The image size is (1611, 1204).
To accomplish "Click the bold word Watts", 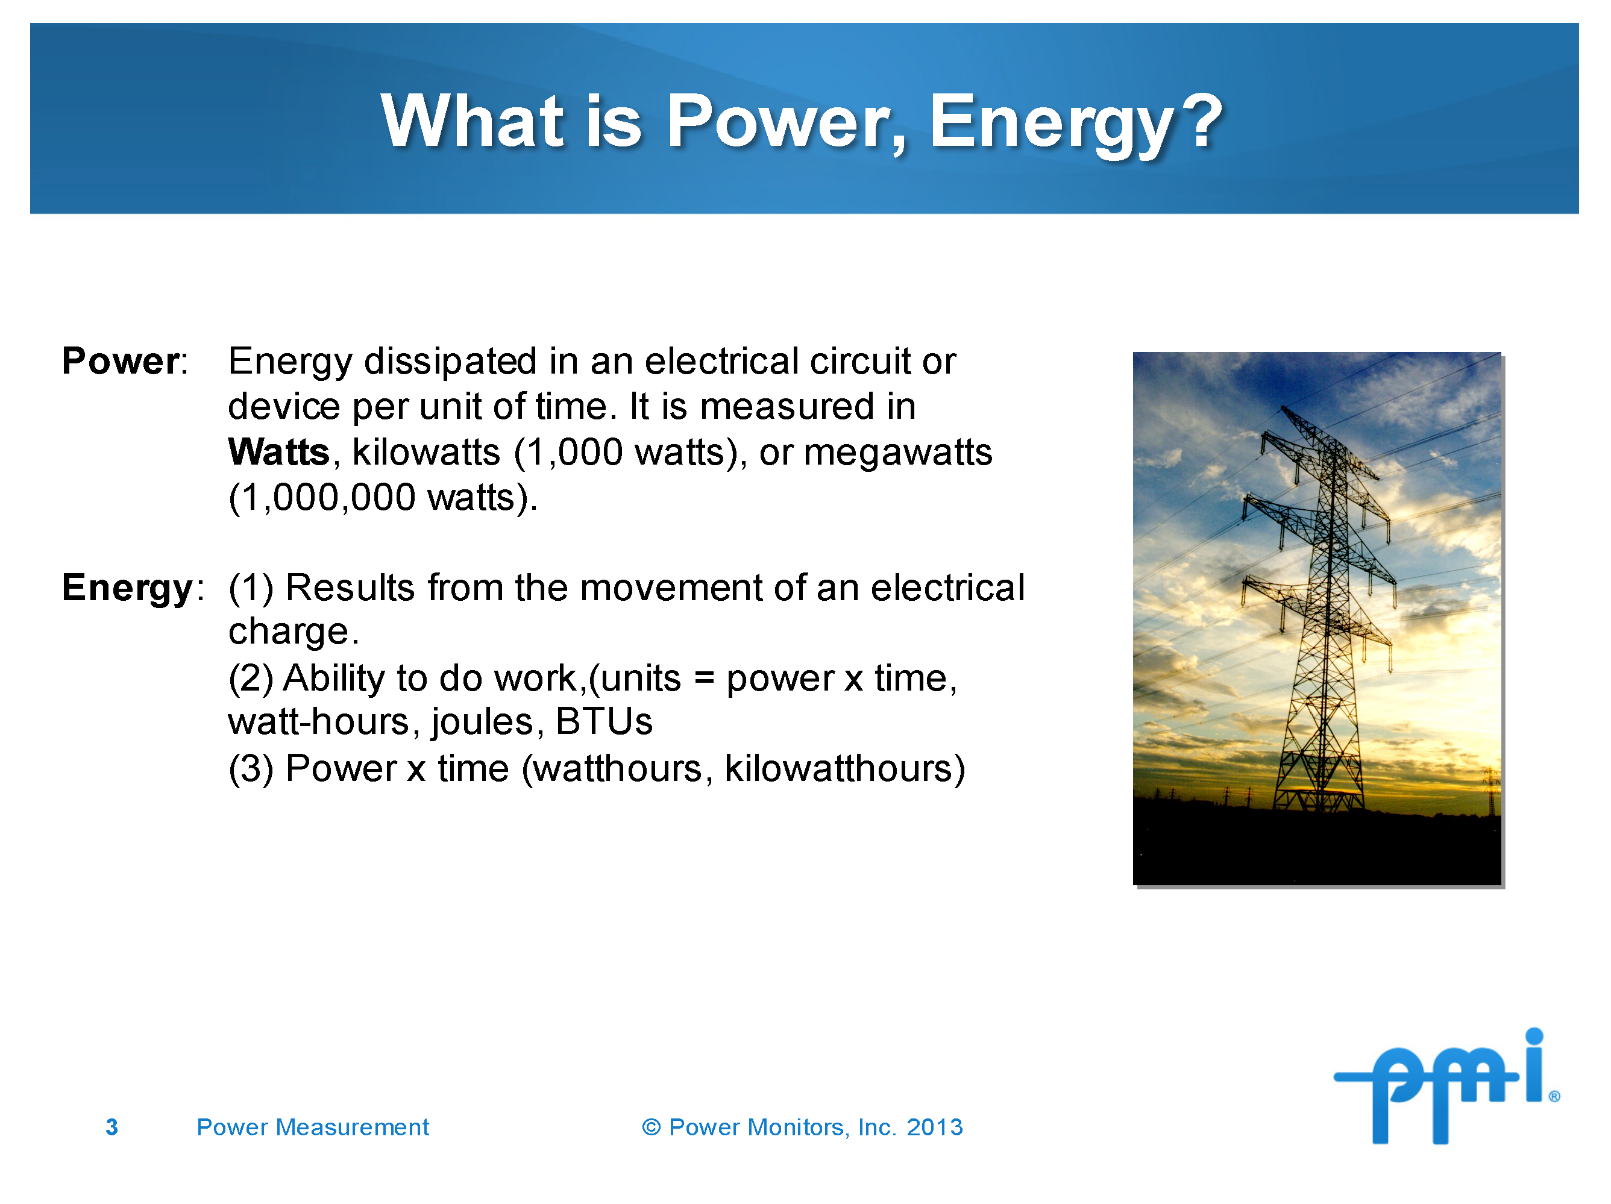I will pos(279,453).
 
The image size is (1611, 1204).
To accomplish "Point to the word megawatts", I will pos(897,453).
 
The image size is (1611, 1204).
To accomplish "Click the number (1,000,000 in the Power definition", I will pos(322,498).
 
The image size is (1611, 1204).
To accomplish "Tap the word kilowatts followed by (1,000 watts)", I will pos(426,453).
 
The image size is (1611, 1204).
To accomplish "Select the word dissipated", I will pos(451,362).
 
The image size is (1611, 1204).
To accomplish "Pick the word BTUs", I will pos(604,722).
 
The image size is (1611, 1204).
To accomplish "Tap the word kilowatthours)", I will pos(844,769).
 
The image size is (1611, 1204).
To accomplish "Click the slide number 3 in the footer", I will pos(111,1127).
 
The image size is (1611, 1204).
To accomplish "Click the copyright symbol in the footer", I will pos(650,1127).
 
